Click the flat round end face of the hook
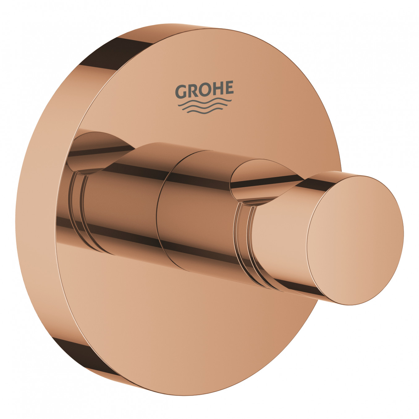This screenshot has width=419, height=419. (x=355, y=239)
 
